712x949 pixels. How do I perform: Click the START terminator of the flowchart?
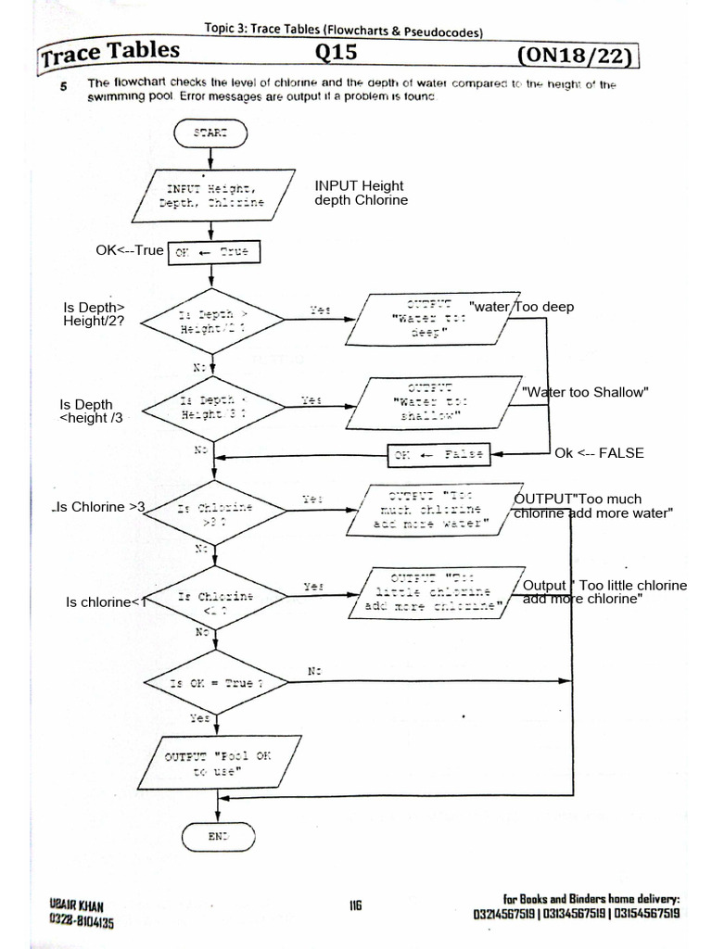pyautogui.click(x=211, y=133)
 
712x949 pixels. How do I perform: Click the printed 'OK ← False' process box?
pyautogui.click(x=439, y=454)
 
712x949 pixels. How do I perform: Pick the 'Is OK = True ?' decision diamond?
pyautogui.click(x=215, y=682)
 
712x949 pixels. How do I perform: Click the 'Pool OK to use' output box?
pyautogui.click(x=219, y=763)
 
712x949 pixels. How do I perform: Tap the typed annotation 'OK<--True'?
pyautogui.click(x=130, y=251)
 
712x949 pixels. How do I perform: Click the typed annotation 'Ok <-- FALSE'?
pyautogui.click(x=599, y=453)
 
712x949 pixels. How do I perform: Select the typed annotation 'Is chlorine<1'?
pyautogui.click(x=107, y=602)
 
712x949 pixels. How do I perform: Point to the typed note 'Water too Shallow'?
pyautogui.click(x=584, y=392)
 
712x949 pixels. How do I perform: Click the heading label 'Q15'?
pyautogui.click(x=336, y=54)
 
